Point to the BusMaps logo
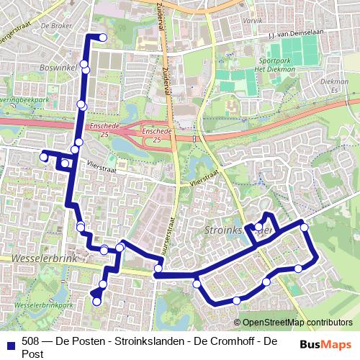(x=326, y=344)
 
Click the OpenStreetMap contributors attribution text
(x=297, y=322)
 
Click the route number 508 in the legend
(x=30, y=341)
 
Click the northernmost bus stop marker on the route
(x=102, y=37)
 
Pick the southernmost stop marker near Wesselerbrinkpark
(x=97, y=302)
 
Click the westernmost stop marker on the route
(x=43, y=156)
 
